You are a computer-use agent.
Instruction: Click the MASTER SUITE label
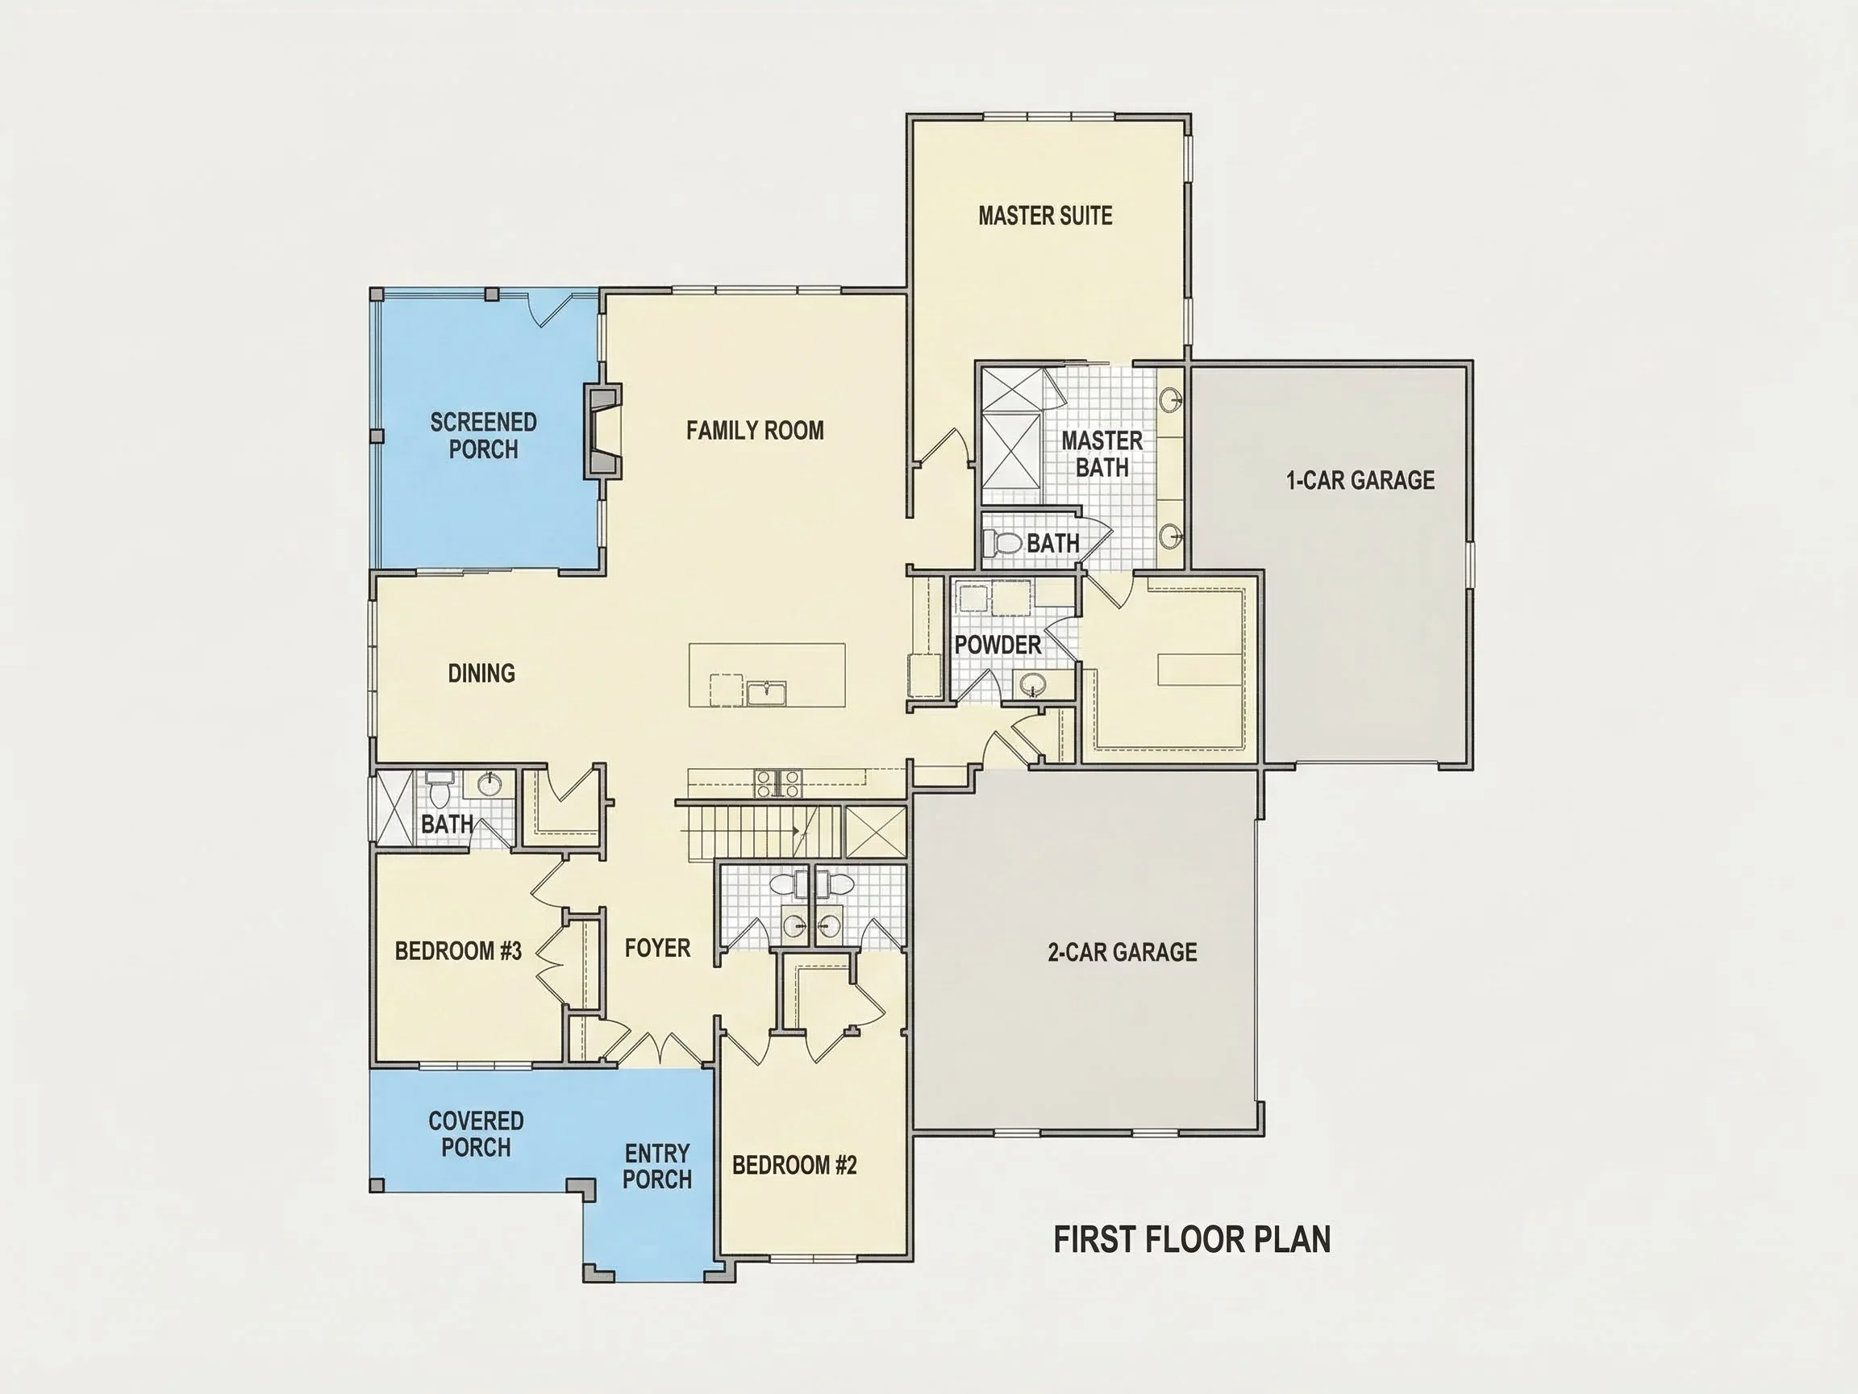[x=1045, y=216]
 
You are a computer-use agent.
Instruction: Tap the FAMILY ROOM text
[x=754, y=431]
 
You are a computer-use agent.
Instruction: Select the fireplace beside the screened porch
[x=603, y=431]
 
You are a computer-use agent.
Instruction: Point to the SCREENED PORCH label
[x=483, y=436]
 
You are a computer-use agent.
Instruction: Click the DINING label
[x=481, y=673]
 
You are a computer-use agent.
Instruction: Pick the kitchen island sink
[x=766, y=692]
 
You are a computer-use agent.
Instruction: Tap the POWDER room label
[x=998, y=645]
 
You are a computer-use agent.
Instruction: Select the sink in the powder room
[x=1032, y=685]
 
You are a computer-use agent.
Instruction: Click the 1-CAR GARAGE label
[x=1360, y=481]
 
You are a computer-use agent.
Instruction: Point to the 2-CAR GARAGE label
[x=1123, y=952]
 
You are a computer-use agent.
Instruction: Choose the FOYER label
[x=657, y=948]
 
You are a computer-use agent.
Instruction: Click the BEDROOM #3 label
[x=458, y=951]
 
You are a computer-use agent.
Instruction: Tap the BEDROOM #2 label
[x=794, y=1165]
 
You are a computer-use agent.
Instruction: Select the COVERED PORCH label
[x=476, y=1133]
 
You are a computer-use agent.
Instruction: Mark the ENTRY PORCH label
[x=657, y=1167]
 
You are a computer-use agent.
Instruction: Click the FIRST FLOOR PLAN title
[x=1192, y=1240]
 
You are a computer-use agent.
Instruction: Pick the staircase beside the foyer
[x=759, y=832]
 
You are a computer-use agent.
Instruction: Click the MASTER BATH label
[x=1102, y=453]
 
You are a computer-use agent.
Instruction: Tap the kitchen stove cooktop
[x=778, y=783]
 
